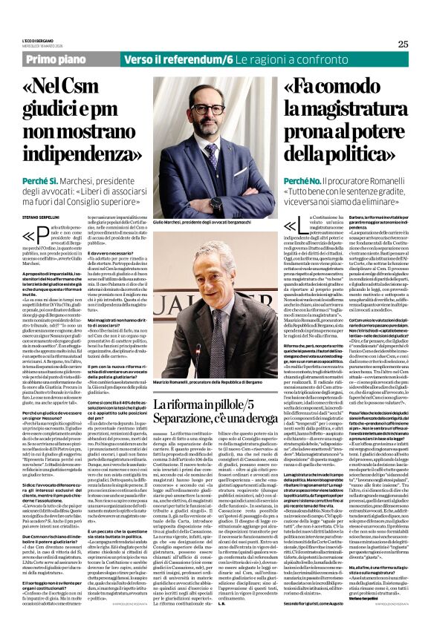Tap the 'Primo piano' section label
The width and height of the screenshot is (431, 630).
click(x=47, y=58)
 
